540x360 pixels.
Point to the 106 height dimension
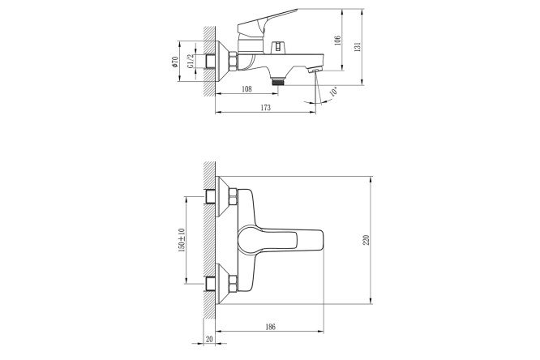335,43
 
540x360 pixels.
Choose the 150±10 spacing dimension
182,240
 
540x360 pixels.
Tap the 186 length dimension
270,326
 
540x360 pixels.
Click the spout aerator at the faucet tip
315,72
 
